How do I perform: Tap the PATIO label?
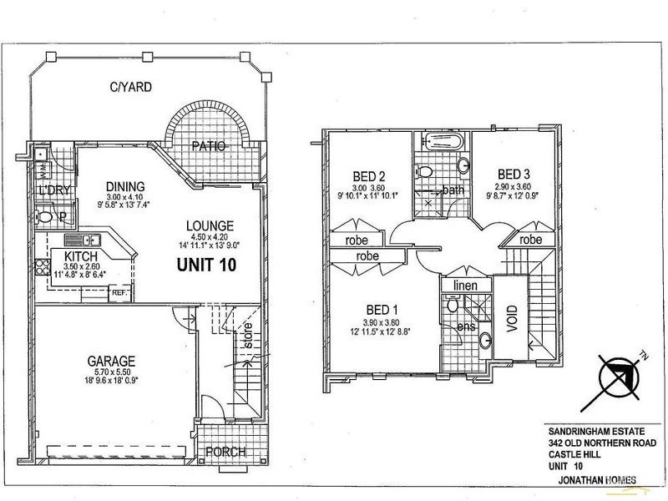[209, 146]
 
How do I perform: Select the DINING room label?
[126, 186]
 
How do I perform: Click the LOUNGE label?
[209, 226]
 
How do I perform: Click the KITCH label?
[82, 256]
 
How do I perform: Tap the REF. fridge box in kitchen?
[119, 293]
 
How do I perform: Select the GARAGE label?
[111, 362]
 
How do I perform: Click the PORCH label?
[226, 453]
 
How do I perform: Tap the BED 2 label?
[368, 176]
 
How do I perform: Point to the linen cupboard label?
[463, 286]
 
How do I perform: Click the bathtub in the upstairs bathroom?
[443, 142]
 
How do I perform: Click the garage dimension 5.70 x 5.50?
[112, 375]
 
